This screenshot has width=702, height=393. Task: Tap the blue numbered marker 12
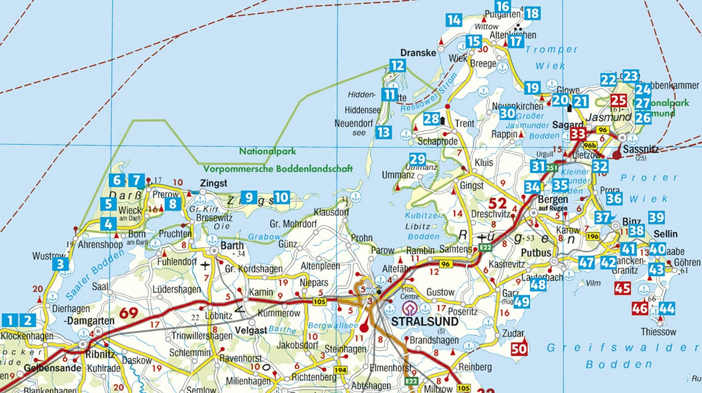[x=397, y=66]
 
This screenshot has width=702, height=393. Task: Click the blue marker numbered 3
[x=60, y=265]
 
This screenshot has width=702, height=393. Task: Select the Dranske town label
[x=418, y=53]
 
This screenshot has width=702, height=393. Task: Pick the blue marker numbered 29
[x=418, y=159]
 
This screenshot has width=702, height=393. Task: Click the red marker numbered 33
[x=577, y=134]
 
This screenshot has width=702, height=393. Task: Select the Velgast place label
[x=252, y=330]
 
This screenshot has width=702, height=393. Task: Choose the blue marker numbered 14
[x=454, y=20]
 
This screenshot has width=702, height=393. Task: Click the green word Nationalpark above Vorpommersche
[x=268, y=151]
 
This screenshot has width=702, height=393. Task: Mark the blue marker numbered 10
[x=281, y=197]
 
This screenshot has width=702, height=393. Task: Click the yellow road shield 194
[x=340, y=370]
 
